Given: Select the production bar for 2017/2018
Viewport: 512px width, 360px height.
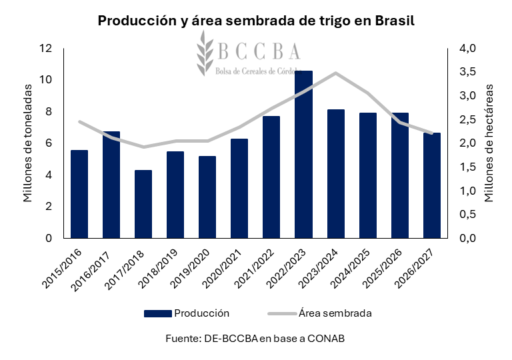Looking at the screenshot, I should coord(143,204).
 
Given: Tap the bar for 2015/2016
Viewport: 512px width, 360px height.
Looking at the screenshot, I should coord(79,194).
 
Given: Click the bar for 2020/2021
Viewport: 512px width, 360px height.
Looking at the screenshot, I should coord(239,188).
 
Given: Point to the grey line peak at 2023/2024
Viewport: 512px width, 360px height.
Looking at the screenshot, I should coord(335,73).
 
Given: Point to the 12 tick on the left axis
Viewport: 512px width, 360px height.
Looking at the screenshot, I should coord(46,49).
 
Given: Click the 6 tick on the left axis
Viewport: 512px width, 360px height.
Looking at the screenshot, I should coord(49,143).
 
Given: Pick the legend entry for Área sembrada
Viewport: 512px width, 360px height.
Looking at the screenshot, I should coord(335,313).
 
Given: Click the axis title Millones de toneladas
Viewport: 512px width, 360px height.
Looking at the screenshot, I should coord(27,143).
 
